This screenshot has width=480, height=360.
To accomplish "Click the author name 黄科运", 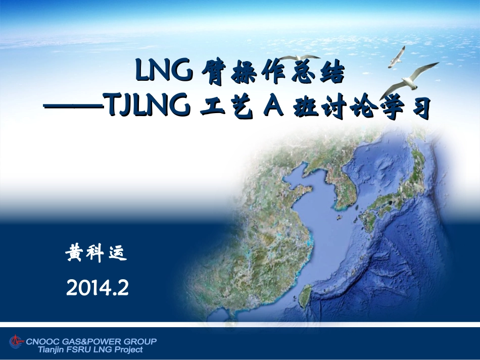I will tap(96, 253).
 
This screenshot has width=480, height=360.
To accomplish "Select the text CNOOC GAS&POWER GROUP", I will tap(90, 341).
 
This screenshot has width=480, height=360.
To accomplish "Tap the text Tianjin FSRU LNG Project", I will tap(90, 349).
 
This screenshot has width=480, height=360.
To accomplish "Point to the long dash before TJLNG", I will tap(73, 107).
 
